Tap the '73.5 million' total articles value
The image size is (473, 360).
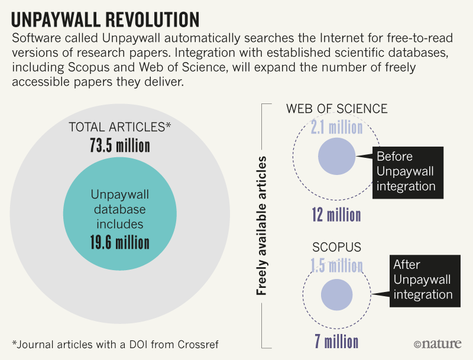[x=120, y=146]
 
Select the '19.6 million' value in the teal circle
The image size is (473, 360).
[x=120, y=242]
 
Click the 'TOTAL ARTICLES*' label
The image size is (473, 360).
[x=120, y=128]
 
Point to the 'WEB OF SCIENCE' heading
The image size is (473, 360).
[x=337, y=109]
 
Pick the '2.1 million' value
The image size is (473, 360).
[x=337, y=127]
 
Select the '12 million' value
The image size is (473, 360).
[x=336, y=214]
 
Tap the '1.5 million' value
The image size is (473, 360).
[x=336, y=265]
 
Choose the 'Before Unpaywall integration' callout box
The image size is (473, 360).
[x=405, y=171]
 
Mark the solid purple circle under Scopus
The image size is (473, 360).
[x=336, y=294]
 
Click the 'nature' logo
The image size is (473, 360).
[x=438, y=343]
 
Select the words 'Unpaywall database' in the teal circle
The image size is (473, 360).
[x=120, y=202]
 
